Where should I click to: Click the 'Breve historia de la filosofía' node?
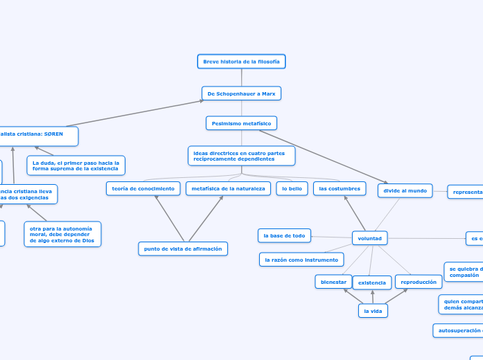pyautogui.click(x=241, y=62)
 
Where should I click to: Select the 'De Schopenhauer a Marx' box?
pyautogui.click(x=241, y=93)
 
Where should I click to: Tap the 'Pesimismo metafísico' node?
pyautogui.click(x=241, y=123)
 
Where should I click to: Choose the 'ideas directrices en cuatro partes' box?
pyautogui.click(x=241, y=156)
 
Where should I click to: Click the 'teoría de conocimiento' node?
pyautogui.click(x=143, y=188)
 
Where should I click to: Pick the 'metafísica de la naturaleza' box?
pyautogui.click(x=228, y=188)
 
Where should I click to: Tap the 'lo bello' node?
pyautogui.click(x=292, y=188)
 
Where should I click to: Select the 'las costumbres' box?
pyautogui.click(x=340, y=188)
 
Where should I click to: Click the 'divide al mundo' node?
pyautogui.click(x=405, y=190)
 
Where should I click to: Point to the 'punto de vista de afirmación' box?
pyautogui.click(x=183, y=249)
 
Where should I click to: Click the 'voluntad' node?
pyautogui.click(x=369, y=238)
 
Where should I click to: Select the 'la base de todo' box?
pyautogui.click(x=284, y=236)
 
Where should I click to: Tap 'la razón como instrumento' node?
pyautogui.click(x=301, y=260)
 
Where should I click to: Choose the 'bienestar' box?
pyautogui.click(x=333, y=282)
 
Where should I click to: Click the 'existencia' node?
pyautogui.click(x=372, y=282)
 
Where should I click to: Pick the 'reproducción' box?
pyautogui.click(x=419, y=282)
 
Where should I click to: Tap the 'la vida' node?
pyautogui.click(x=373, y=312)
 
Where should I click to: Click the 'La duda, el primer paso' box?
pyautogui.click(x=76, y=165)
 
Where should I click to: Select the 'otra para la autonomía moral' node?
pyautogui.click(x=62, y=234)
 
